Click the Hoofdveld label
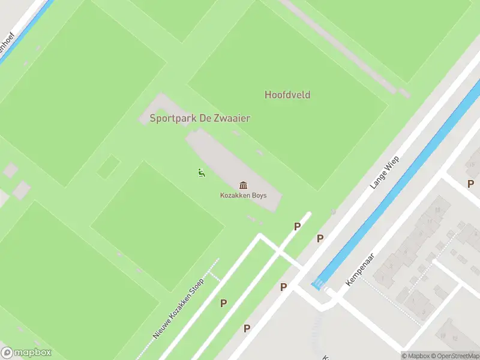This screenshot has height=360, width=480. [287, 95]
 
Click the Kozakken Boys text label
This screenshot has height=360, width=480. [243, 196]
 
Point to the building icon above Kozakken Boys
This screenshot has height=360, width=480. [243, 185]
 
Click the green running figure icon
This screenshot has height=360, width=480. [200, 173]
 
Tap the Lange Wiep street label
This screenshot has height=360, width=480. [385, 172]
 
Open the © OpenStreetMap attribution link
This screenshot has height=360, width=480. [455, 356]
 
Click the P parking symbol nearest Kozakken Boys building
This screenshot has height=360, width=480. [296, 226]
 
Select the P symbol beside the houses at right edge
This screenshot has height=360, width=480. [470, 184]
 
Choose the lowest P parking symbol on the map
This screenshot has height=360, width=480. [247, 328]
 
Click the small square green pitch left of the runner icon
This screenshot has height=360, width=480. [109, 166]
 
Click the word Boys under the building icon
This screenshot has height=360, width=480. [259, 196]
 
